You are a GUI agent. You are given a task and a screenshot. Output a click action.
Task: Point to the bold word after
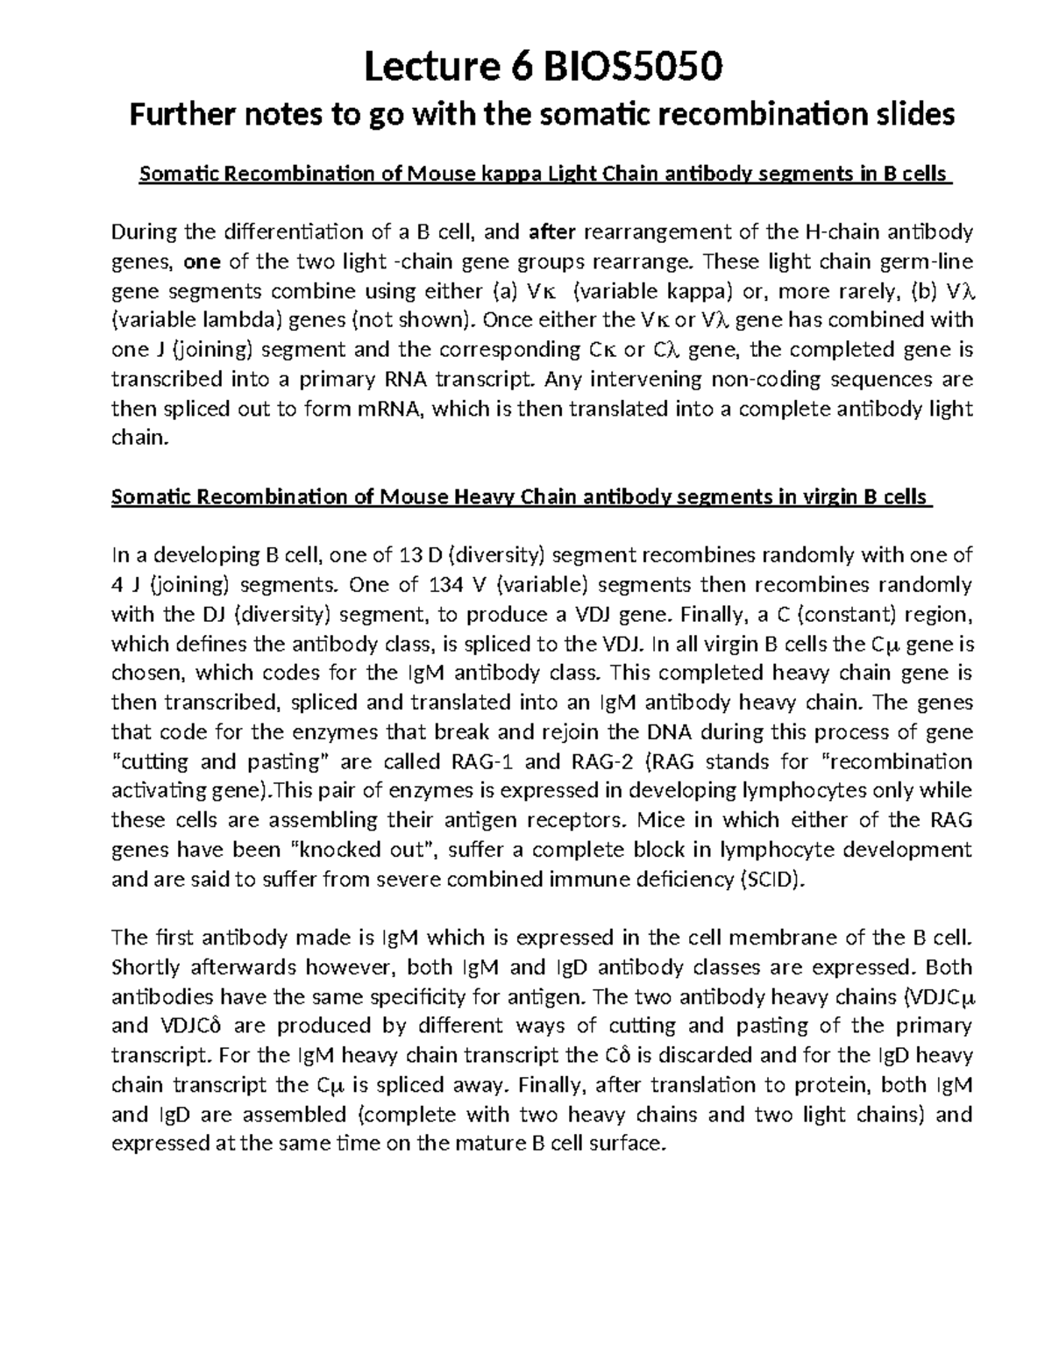(552, 232)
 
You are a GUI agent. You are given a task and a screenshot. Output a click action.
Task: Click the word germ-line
(930, 261)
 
